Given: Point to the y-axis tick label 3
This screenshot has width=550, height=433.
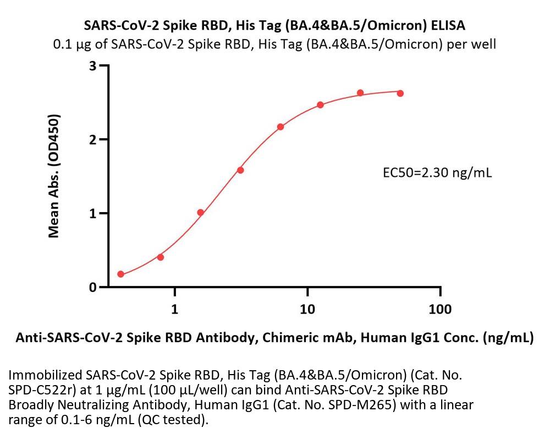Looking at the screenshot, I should pyautogui.click(x=93, y=66).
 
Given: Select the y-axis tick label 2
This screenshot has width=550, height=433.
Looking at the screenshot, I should pyautogui.click(x=93, y=140).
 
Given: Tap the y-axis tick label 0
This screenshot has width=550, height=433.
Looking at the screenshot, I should pyautogui.click(x=93, y=288).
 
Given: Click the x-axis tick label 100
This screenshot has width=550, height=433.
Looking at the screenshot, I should pyautogui.click(x=440, y=309).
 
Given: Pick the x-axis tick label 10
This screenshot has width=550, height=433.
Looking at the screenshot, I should pyautogui.click(x=307, y=309).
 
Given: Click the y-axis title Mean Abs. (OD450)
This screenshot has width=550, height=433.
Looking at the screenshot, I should pyautogui.click(x=54, y=176).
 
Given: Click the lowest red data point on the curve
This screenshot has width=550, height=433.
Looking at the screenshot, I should pyautogui.click(x=121, y=274).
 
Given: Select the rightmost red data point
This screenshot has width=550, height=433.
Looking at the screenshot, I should pyautogui.click(x=400, y=93).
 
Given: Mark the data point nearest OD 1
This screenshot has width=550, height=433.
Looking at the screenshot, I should pyautogui.click(x=201, y=213).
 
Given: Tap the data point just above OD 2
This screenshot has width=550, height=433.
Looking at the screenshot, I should pyautogui.click(x=280, y=127).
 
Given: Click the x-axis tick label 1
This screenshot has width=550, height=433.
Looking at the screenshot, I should pyautogui.click(x=175, y=309).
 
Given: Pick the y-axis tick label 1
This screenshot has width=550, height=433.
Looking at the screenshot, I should pyautogui.click(x=93, y=214).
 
